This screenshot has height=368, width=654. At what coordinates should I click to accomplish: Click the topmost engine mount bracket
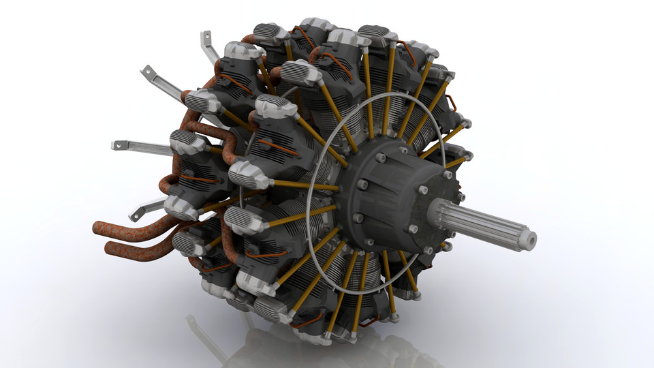[x=208, y=44]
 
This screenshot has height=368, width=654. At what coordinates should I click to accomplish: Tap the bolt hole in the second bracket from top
[x=146, y=70]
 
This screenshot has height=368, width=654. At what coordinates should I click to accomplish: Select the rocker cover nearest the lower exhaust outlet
[x=187, y=242]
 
